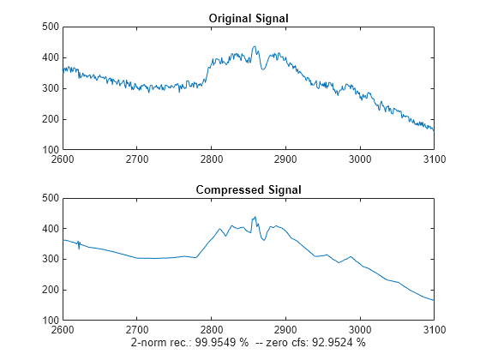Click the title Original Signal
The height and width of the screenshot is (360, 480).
(x=249, y=18)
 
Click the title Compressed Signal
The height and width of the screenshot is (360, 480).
(x=249, y=189)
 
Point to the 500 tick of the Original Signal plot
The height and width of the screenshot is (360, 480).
(x=50, y=27)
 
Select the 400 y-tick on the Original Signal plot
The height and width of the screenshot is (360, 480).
(x=50, y=57)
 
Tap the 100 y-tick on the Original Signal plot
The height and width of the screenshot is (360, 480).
(x=50, y=150)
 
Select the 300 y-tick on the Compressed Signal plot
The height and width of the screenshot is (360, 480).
(x=50, y=260)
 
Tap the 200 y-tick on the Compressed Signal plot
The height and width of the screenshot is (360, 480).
(x=50, y=291)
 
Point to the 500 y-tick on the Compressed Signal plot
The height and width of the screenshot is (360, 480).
(x=50, y=198)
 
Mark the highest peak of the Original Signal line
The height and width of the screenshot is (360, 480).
(x=254, y=46)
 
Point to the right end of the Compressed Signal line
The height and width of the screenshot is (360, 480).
(x=434, y=300)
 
